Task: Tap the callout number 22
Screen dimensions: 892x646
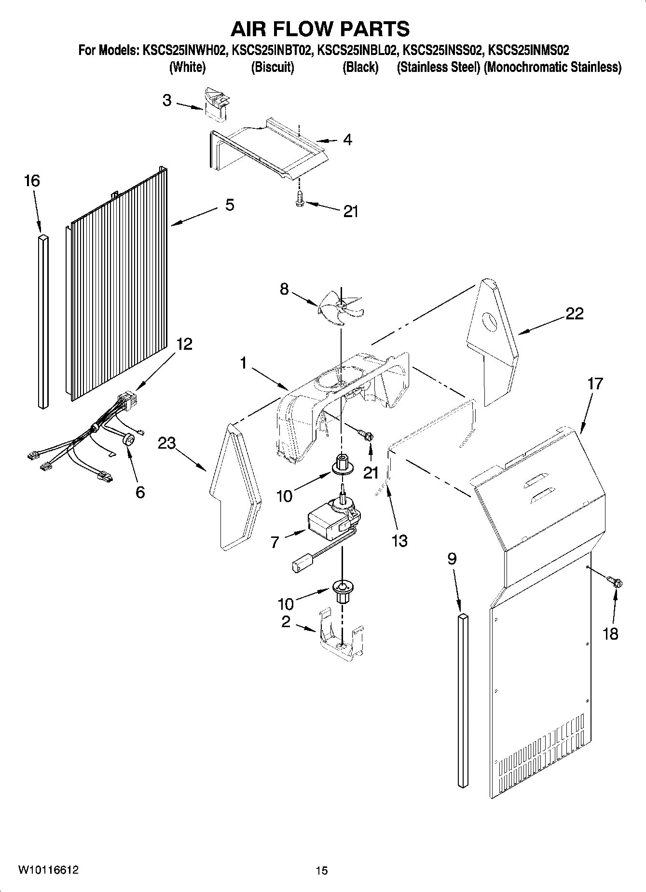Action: [x=574, y=314]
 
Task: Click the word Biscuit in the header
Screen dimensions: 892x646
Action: [x=273, y=68]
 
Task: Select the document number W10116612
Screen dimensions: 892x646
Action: [x=48, y=870]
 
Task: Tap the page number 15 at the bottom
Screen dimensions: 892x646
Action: [x=322, y=870]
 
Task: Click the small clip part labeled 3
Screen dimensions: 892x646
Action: [x=217, y=104]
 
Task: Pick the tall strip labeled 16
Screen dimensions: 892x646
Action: [x=43, y=321]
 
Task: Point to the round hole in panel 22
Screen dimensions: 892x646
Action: [x=490, y=322]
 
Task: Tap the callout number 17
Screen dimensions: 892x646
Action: [x=595, y=384]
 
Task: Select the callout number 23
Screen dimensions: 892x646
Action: [x=167, y=443]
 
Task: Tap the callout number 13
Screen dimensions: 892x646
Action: [x=399, y=541]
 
